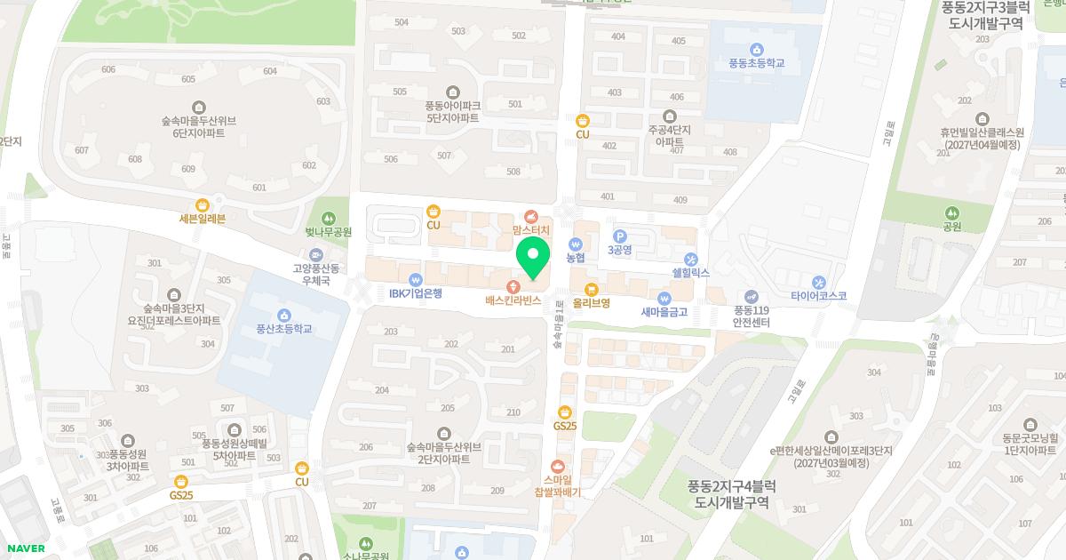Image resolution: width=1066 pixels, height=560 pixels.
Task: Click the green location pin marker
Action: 533,257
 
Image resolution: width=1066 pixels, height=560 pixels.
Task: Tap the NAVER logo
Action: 24,548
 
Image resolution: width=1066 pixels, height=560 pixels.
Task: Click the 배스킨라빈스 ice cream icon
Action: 513,286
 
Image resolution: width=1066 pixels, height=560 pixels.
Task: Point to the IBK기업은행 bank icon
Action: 415,278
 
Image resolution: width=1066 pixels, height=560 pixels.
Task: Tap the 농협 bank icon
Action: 575,244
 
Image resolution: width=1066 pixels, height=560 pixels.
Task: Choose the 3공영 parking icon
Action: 620,236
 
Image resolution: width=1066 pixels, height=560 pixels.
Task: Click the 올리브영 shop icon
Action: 591,288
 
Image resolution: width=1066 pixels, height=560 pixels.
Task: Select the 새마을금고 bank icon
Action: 664,298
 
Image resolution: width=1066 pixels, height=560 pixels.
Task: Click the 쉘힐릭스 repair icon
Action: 690,259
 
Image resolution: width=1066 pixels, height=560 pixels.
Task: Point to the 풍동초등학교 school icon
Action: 756,49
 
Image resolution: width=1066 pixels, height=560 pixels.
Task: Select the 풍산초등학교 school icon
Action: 283,315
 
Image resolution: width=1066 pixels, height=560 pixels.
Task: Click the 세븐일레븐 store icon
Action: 203,204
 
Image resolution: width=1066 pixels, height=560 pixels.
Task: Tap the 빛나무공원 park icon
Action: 329,218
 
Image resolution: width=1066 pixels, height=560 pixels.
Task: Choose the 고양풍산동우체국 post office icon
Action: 316,255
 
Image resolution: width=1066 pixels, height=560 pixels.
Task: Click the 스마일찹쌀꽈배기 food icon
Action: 558,465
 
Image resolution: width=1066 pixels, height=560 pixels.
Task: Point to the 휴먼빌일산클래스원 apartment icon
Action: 982,118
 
